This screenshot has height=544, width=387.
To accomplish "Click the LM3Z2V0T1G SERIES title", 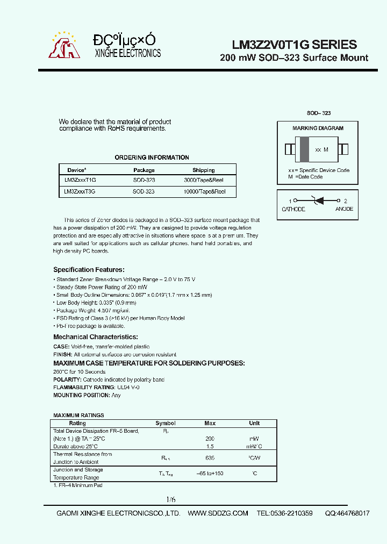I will [x=293, y=45].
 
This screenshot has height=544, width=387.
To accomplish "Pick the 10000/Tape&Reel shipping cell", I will [x=204, y=191].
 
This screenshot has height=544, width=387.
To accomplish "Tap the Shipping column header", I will [x=203, y=170].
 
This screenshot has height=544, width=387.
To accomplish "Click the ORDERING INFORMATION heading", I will [x=152, y=158].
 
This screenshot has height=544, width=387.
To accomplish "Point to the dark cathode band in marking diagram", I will [x=304, y=149].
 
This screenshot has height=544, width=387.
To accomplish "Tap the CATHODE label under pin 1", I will [x=293, y=209].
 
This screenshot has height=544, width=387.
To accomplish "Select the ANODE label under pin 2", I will [x=344, y=209].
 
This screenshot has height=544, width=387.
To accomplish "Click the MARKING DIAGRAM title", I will [x=318, y=128].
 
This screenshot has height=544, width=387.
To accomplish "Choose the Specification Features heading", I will [x=89, y=270].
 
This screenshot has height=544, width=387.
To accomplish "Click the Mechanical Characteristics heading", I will [x=95, y=337].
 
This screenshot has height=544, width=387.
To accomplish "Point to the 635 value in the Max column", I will [x=210, y=458].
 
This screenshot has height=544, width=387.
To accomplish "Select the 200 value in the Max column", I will [x=210, y=439].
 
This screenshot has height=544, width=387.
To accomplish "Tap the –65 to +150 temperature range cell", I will [x=210, y=474].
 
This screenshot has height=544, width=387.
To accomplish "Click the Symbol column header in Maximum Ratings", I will [x=166, y=423].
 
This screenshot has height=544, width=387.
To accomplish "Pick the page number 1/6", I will [x=170, y=499].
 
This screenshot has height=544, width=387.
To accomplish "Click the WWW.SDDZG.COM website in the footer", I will [x=218, y=513].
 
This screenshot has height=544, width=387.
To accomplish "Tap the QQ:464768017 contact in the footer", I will [x=347, y=513].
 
